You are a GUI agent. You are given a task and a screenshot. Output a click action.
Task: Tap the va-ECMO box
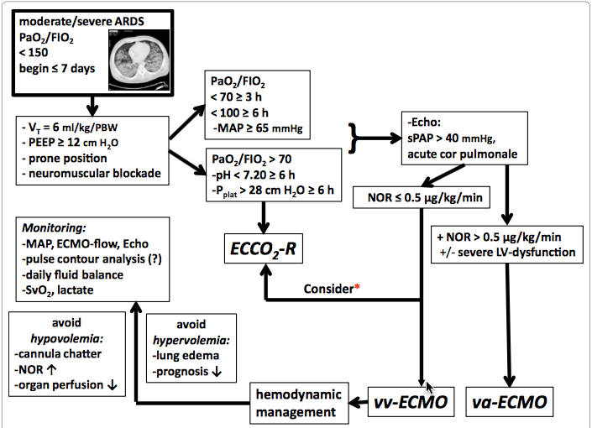[x=511, y=402]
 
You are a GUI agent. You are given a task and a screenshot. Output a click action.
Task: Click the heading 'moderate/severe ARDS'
[x=80, y=21]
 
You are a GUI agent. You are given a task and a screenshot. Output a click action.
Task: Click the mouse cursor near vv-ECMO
[x=431, y=387]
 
